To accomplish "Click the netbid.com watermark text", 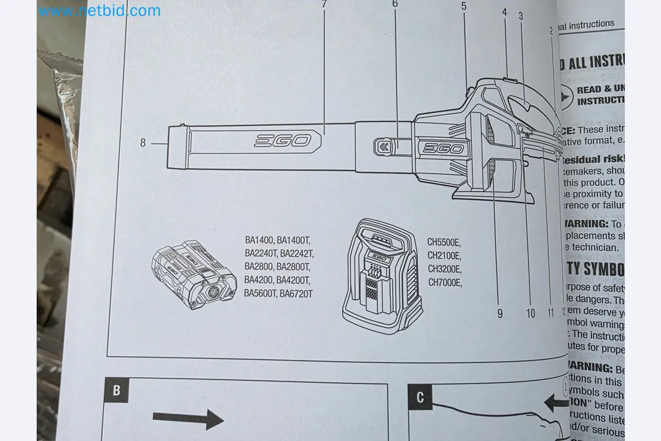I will [99, 10].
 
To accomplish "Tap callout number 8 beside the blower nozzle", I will [143, 143].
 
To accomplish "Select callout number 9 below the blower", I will [500, 313].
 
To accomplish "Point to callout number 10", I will [531, 313].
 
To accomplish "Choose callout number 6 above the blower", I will [395, 4].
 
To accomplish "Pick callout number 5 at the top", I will [464, 7].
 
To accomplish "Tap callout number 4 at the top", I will [505, 12].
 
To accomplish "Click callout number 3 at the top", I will [521, 17].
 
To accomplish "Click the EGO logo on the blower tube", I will [282, 140].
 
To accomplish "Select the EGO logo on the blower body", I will [443, 149].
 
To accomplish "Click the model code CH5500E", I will [444, 242].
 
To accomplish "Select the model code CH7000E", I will [445, 282].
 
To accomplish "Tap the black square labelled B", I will [116, 390].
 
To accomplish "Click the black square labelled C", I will [420, 397].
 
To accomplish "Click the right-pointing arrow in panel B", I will [188, 418].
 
